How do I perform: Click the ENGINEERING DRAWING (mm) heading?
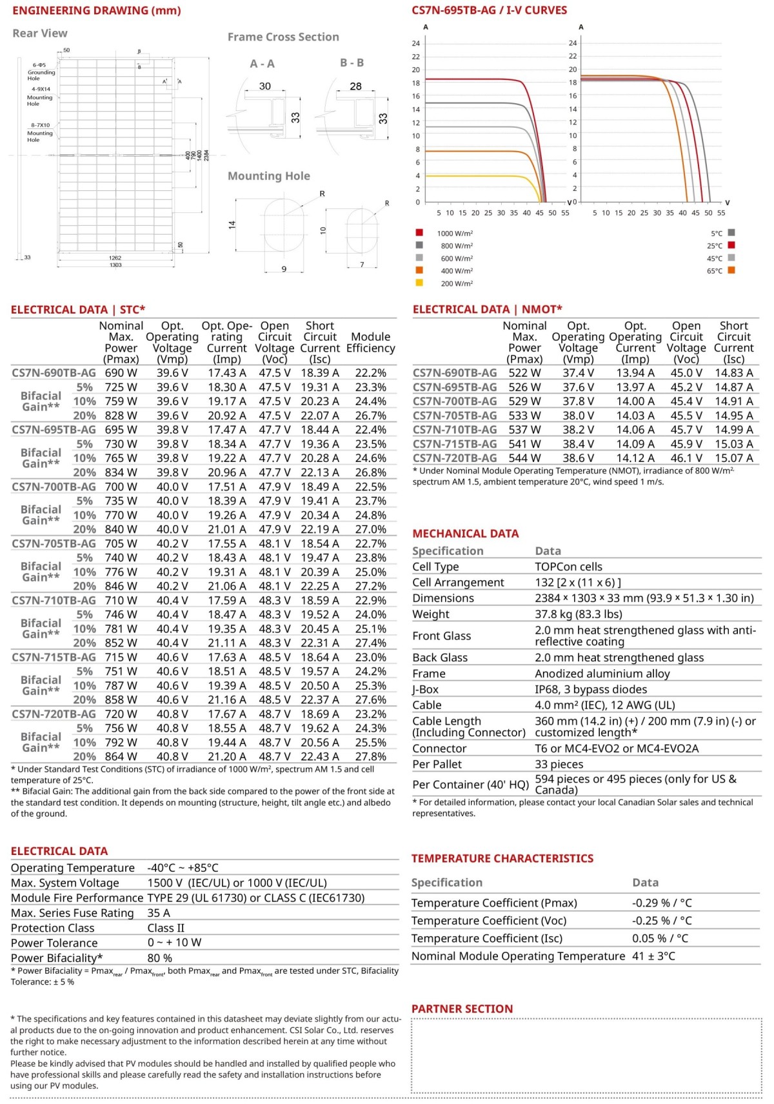(x=96, y=11)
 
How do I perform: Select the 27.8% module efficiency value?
(x=371, y=756)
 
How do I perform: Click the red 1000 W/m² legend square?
(x=419, y=232)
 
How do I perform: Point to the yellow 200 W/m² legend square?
(x=419, y=283)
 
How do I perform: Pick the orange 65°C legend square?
(x=731, y=270)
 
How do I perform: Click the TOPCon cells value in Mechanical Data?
(x=568, y=567)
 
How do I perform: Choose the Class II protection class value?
(x=166, y=928)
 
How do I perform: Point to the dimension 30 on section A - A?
(x=265, y=86)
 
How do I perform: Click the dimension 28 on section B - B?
(x=355, y=86)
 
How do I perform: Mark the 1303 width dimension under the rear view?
(x=115, y=265)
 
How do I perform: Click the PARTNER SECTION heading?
(x=462, y=1009)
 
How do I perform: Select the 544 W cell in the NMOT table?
(x=524, y=458)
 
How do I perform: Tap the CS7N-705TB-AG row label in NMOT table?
(x=455, y=416)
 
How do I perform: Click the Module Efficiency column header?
(x=370, y=343)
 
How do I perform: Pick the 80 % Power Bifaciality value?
(x=159, y=958)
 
